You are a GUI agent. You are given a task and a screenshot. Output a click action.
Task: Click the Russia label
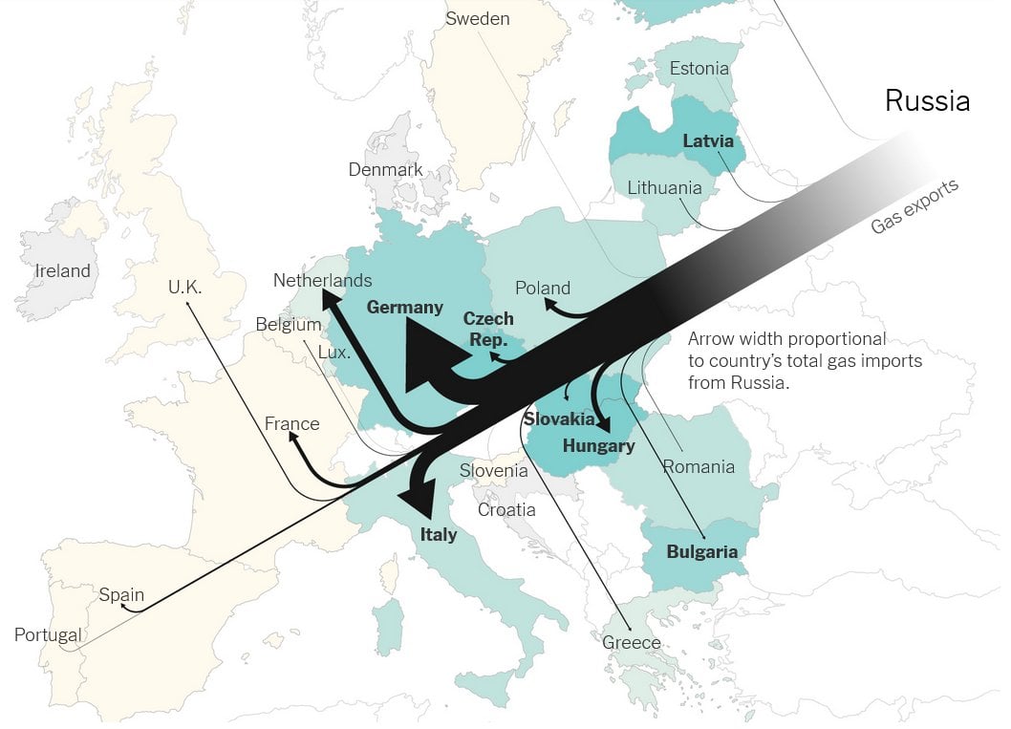(x=927, y=101)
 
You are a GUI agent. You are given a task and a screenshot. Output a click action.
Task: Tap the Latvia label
(x=708, y=141)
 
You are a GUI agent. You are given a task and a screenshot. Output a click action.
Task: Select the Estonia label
(x=699, y=69)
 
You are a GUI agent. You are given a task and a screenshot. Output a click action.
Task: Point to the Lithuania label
(x=664, y=188)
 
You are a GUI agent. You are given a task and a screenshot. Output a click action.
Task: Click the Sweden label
(x=478, y=19)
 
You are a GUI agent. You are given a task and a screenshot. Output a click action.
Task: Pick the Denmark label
(x=385, y=170)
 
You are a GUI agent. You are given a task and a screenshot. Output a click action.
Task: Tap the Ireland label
(x=62, y=271)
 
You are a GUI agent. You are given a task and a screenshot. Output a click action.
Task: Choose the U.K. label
(x=192, y=287)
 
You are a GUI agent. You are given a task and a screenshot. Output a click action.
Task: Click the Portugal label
(x=48, y=635)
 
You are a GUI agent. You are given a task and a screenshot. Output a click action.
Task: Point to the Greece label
(x=631, y=643)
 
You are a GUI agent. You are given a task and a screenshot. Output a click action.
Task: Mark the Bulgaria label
(x=701, y=551)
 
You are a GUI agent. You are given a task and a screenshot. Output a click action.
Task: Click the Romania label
(x=699, y=467)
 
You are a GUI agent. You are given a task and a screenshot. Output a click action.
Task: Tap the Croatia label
(x=506, y=510)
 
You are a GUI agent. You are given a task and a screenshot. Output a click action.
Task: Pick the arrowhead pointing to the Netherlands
(x=331, y=301)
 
